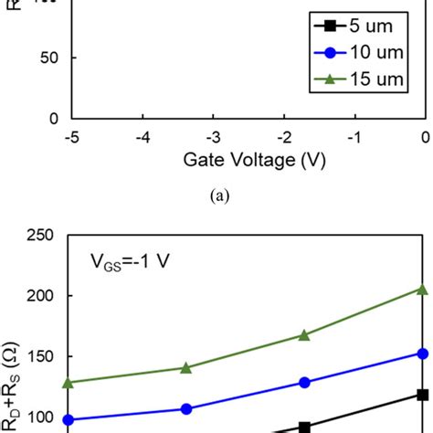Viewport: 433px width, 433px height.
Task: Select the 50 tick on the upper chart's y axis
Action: click(x=48, y=58)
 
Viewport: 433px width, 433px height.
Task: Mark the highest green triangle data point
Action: click(x=422, y=289)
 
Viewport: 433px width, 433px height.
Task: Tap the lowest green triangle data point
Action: click(x=68, y=382)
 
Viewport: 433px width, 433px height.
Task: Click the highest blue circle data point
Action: click(x=422, y=353)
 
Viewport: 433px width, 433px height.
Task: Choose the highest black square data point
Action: click(x=422, y=395)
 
